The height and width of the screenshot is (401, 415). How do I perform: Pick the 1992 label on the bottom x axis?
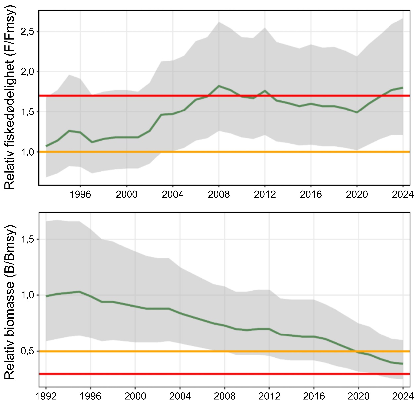coord(46,395)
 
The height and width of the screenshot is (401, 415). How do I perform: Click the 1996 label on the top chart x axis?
coord(80,194)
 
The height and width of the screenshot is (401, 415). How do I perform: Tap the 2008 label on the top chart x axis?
coord(219,194)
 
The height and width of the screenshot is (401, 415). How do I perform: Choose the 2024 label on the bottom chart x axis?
coord(403,395)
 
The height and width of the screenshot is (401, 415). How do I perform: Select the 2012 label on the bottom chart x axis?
coord(269,395)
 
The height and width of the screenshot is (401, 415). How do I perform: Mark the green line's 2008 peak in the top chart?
coord(219,86)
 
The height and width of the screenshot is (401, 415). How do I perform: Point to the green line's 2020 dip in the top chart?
coord(357,112)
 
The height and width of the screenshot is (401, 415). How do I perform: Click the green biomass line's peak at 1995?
coord(79,292)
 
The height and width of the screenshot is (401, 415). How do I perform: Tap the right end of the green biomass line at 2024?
coord(402,364)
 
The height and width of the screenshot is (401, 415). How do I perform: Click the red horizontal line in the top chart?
coord(132,96)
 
